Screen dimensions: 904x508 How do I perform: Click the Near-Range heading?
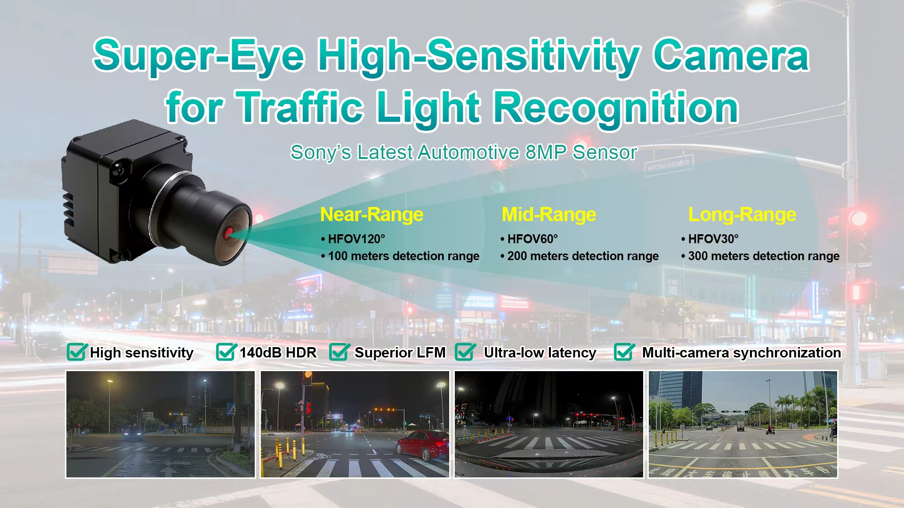point(371,215)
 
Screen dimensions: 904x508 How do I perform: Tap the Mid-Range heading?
point(549,215)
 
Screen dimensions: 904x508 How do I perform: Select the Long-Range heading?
point(742,215)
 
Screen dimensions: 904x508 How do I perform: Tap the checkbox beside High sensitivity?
point(77,351)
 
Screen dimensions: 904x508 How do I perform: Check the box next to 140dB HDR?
point(226,351)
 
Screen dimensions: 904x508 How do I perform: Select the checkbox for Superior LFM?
point(339,351)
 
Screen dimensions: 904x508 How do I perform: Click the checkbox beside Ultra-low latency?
point(465,351)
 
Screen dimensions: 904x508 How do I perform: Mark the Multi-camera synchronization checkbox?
point(624,351)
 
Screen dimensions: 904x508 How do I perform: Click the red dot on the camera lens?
point(229,233)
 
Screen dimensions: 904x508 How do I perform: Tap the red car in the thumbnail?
point(422,445)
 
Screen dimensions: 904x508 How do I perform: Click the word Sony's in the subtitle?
point(321,152)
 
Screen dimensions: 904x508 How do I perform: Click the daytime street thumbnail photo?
point(743,424)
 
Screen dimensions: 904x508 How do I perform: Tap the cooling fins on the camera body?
point(69,207)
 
